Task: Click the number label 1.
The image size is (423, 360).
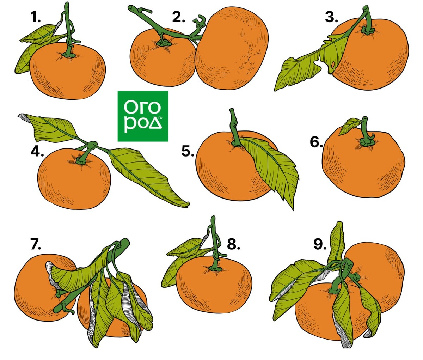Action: point(35,17)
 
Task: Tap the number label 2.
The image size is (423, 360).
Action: point(178,17)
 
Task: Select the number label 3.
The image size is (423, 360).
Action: point(331,17)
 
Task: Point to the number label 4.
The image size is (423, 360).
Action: point(37,152)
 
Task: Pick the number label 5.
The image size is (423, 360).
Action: point(188,152)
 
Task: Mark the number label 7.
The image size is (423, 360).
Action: point(36,244)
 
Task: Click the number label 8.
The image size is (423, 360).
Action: point(233,244)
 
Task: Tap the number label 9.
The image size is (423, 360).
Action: point(320,244)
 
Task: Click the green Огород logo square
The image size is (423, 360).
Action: point(143,116)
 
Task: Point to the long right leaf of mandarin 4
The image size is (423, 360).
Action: point(147,176)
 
